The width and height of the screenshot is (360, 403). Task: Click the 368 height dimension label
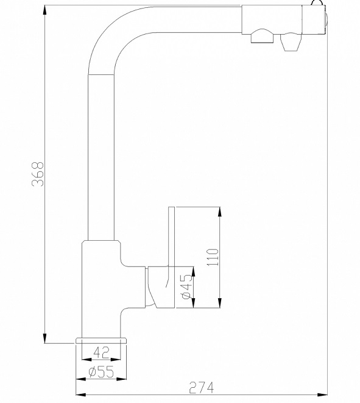point(38,174)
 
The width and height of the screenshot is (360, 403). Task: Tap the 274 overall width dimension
point(201,388)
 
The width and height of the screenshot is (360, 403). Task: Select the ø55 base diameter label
point(101,372)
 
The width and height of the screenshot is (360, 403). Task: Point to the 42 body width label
point(101,352)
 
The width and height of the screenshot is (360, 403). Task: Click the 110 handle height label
point(213,257)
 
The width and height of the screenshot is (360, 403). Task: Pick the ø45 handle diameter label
point(186,287)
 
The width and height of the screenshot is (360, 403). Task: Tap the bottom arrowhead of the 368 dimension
point(44,338)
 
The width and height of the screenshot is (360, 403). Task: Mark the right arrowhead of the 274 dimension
point(322,395)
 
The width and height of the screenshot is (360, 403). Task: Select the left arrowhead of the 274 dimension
point(81,395)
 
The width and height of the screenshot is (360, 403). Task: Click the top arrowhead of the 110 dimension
point(220,212)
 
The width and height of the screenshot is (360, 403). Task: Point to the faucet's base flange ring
point(101,341)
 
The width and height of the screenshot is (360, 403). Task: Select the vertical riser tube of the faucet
point(101,157)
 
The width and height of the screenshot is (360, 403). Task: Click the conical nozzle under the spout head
point(291,42)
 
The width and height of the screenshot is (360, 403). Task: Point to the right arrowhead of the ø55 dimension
point(121,379)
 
